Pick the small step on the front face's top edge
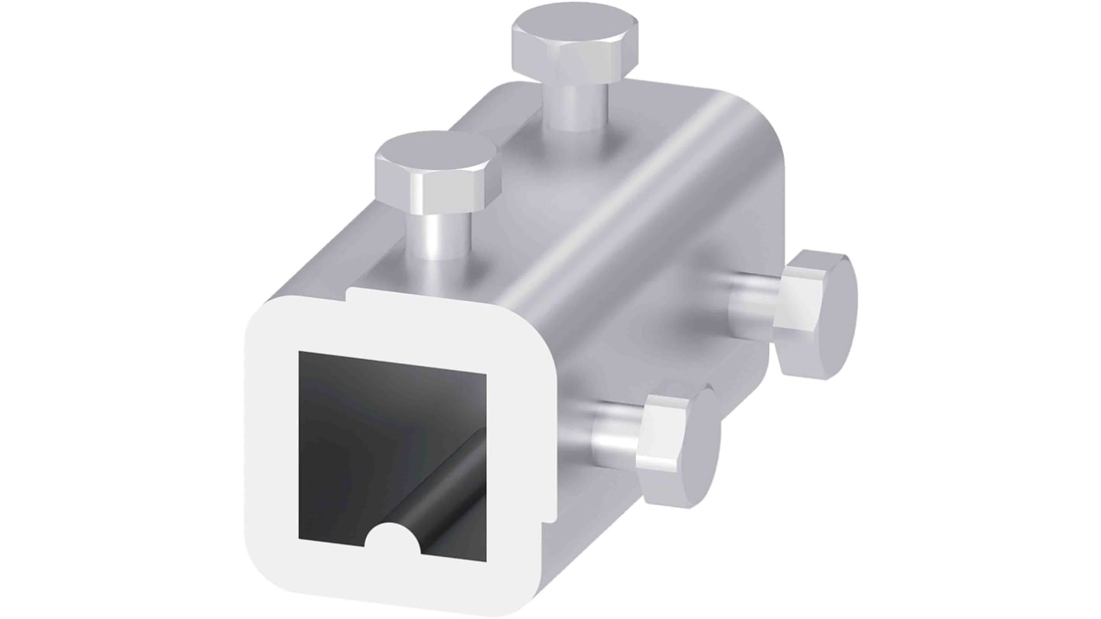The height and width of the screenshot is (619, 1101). pos(350,295)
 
